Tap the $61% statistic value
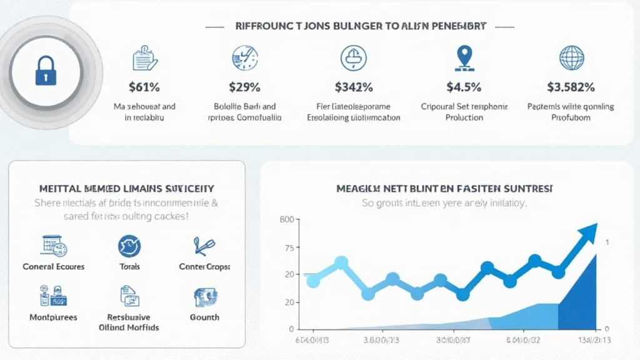pos(144,87)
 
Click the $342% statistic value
pos(354,87)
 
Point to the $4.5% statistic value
pos(464,87)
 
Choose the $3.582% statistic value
pos(571,87)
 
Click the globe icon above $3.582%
pos(571,58)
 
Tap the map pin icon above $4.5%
pos(463,57)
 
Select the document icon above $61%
pos(144,59)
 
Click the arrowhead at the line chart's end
pos(588,234)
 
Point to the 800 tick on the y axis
pos(287,219)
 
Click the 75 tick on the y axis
pos(288,248)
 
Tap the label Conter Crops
pos(204,267)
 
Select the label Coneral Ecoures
pos(54,267)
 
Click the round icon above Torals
pos(129,246)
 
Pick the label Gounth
pos(204,317)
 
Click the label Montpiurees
pos(54,317)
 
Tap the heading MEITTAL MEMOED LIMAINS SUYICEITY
pos(127,188)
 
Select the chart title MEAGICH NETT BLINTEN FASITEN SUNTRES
pos(444,188)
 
